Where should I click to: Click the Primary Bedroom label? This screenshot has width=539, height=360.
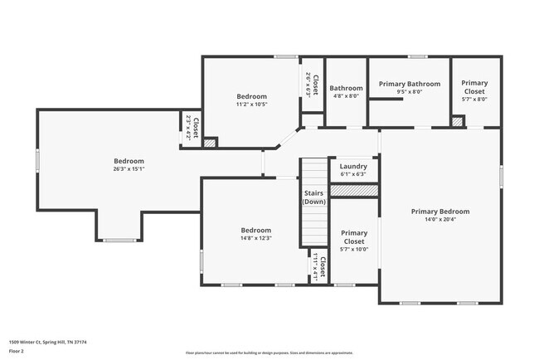(440, 212)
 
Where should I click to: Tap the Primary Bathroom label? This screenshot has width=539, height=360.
(409, 84)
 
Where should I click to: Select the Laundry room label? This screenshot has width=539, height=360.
(353, 166)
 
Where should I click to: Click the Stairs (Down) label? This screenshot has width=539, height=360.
(313, 197)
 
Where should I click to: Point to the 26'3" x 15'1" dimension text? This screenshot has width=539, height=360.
(129, 169)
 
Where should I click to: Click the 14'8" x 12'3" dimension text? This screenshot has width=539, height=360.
(255, 238)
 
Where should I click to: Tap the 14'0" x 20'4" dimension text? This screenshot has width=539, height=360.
(440, 220)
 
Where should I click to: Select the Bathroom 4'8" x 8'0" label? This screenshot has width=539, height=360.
(346, 91)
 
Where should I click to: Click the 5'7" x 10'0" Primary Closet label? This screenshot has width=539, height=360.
(354, 241)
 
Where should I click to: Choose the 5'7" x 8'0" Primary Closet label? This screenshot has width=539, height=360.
(474, 90)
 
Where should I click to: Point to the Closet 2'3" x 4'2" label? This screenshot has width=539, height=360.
(192, 130)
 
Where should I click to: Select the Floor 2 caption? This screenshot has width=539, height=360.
(17, 351)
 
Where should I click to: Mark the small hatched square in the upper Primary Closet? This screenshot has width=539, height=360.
(457, 122)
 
